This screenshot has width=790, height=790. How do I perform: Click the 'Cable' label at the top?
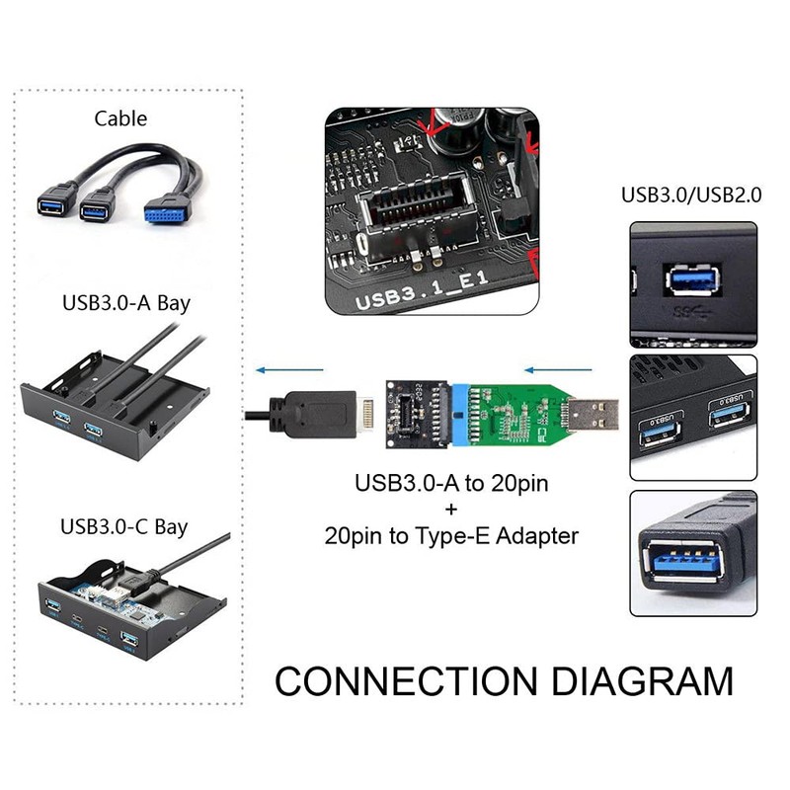[120, 118]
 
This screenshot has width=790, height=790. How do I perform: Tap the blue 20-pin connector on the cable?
[166, 213]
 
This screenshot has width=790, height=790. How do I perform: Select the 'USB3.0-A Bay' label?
[126, 303]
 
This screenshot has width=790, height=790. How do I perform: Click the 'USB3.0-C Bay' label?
[124, 527]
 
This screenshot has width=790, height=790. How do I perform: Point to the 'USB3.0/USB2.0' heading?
[691, 195]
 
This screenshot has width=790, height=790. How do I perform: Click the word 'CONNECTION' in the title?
[406, 681]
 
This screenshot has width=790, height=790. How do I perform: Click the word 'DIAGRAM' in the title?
[643, 681]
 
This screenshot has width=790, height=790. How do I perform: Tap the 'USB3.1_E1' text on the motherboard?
[423, 290]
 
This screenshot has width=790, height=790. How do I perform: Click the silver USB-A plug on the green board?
[593, 415]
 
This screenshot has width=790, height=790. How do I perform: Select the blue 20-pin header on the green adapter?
[460, 415]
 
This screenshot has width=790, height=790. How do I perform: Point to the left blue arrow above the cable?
[289, 370]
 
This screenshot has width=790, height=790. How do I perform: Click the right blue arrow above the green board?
[558, 370]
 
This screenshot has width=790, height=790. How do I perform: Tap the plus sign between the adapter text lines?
[451, 510]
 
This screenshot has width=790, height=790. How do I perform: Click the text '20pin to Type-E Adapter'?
[451, 535]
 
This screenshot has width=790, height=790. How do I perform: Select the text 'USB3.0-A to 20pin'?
[451, 483]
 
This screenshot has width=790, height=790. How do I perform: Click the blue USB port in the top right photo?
[693, 279]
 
